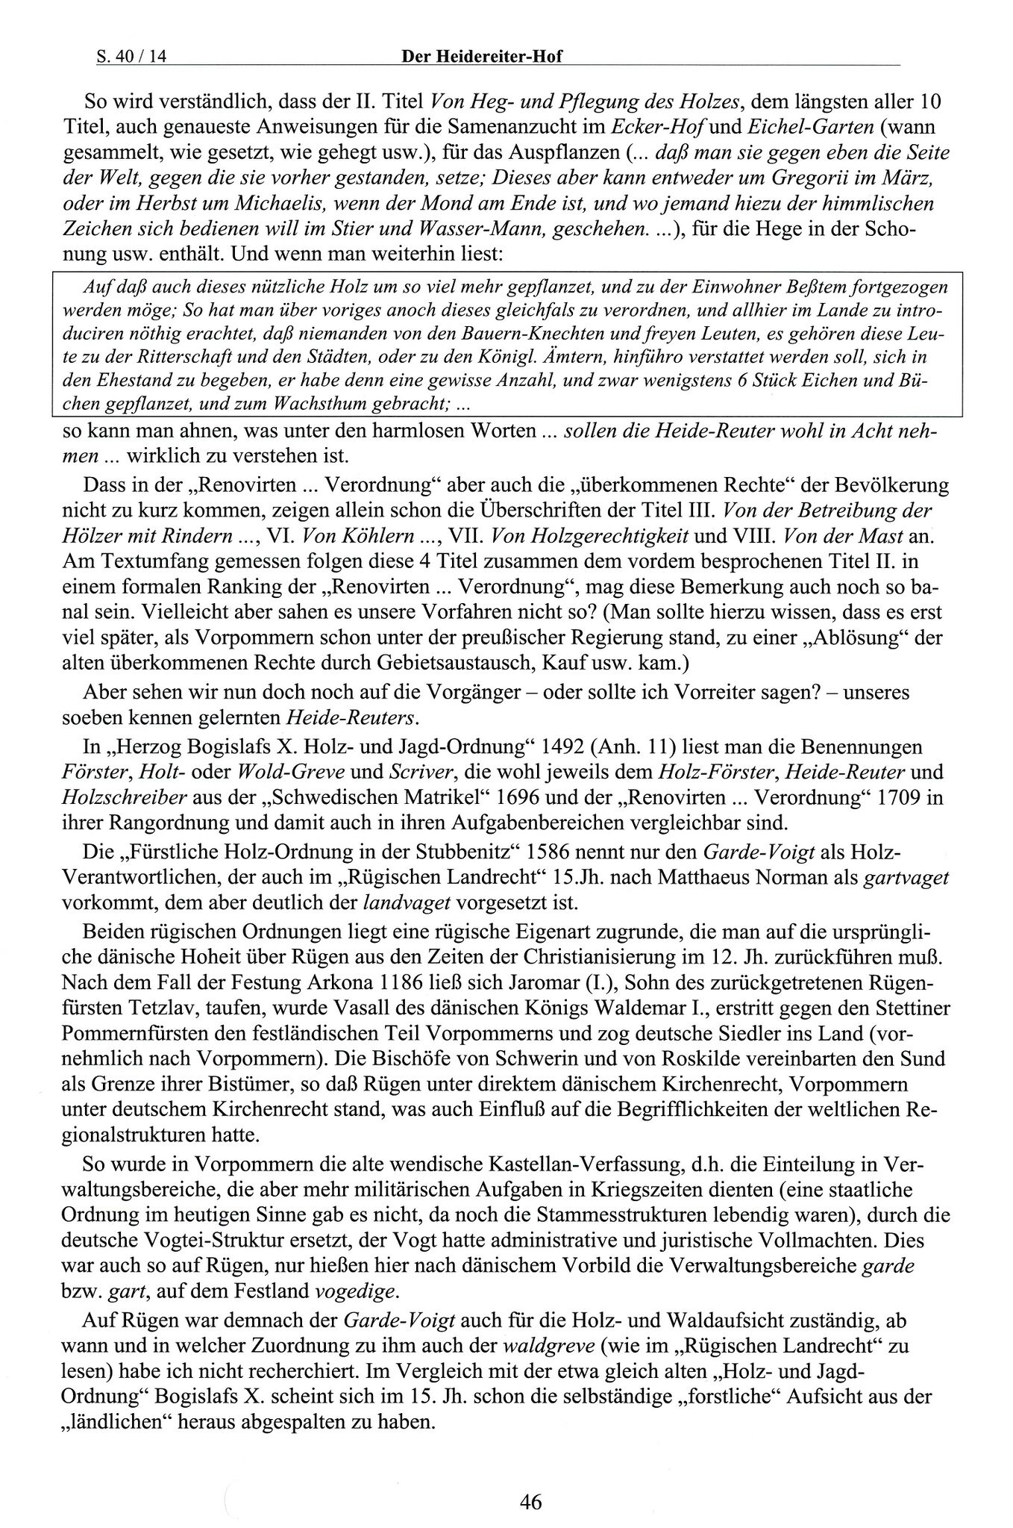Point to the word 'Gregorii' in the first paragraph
pos(812,178)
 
